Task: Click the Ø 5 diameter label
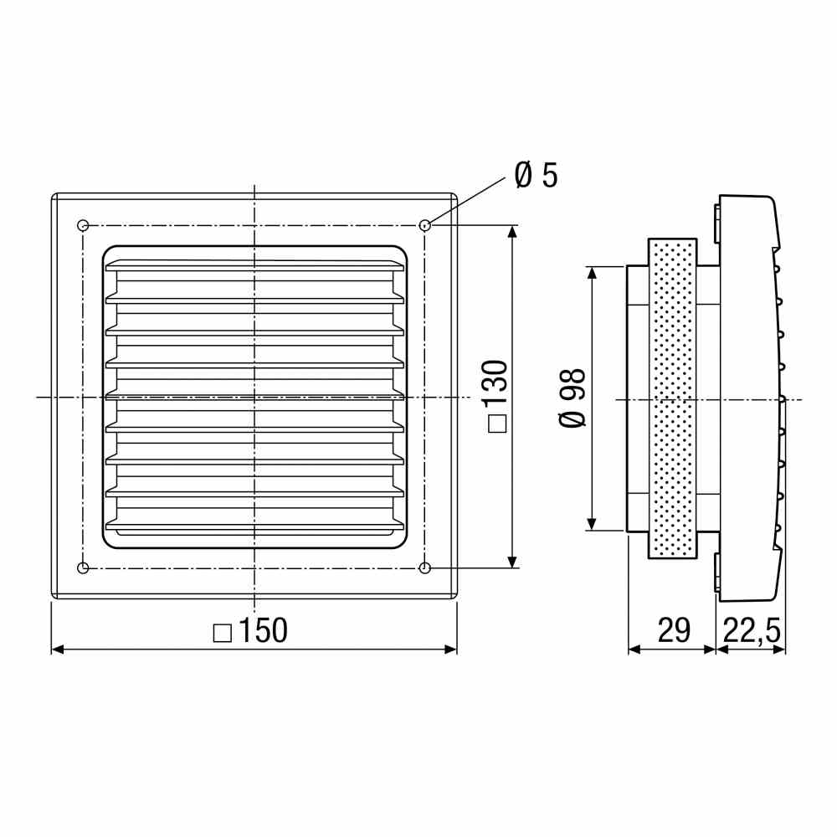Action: tap(536, 176)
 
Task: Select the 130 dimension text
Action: tap(496, 384)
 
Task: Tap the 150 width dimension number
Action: tap(264, 631)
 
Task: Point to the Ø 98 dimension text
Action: tap(574, 397)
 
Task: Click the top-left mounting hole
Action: tap(82, 225)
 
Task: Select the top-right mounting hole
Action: tap(425, 225)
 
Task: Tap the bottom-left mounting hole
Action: tap(82, 568)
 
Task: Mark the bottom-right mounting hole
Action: tap(425, 568)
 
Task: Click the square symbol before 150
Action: tap(222, 633)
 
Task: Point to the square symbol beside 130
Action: tap(496, 424)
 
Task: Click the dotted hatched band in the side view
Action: tap(672, 398)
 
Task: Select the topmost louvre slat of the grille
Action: tap(254, 266)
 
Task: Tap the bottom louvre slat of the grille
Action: tap(254, 526)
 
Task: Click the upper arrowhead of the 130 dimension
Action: tap(512, 232)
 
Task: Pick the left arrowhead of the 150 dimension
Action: tap(58, 649)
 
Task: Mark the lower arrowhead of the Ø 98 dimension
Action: tap(592, 524)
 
